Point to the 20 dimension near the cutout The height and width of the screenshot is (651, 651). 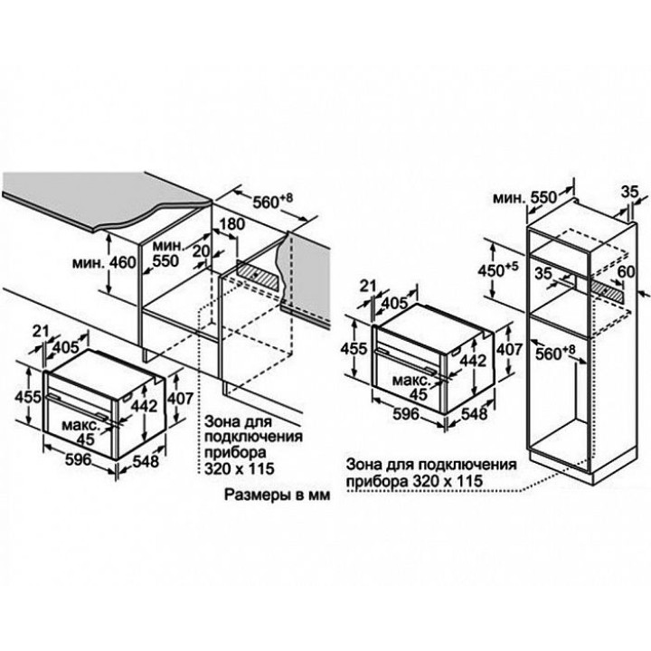point(202,251)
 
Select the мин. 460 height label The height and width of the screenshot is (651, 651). point(104,262)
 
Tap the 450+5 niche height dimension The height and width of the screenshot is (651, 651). point(498,270)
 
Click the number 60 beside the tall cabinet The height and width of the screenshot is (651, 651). point(626,271)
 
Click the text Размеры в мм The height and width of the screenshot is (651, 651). point(278,495)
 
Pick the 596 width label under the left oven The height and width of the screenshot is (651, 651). point(78,459)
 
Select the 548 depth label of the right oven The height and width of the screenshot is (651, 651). point(474,413)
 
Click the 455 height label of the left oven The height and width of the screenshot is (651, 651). point(28,397)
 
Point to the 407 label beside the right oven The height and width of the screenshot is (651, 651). point(509,350)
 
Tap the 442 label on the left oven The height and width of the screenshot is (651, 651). point(145,406)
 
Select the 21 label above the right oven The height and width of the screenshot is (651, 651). point(367,286)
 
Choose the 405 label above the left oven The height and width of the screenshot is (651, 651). point(66,347)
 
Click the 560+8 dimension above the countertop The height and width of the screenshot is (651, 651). point(273,201)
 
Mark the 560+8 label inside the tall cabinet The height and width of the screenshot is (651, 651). point(555,353)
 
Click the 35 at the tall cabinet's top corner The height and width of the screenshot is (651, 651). point(630,193)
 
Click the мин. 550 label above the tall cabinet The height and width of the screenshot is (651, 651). point(524,198)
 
